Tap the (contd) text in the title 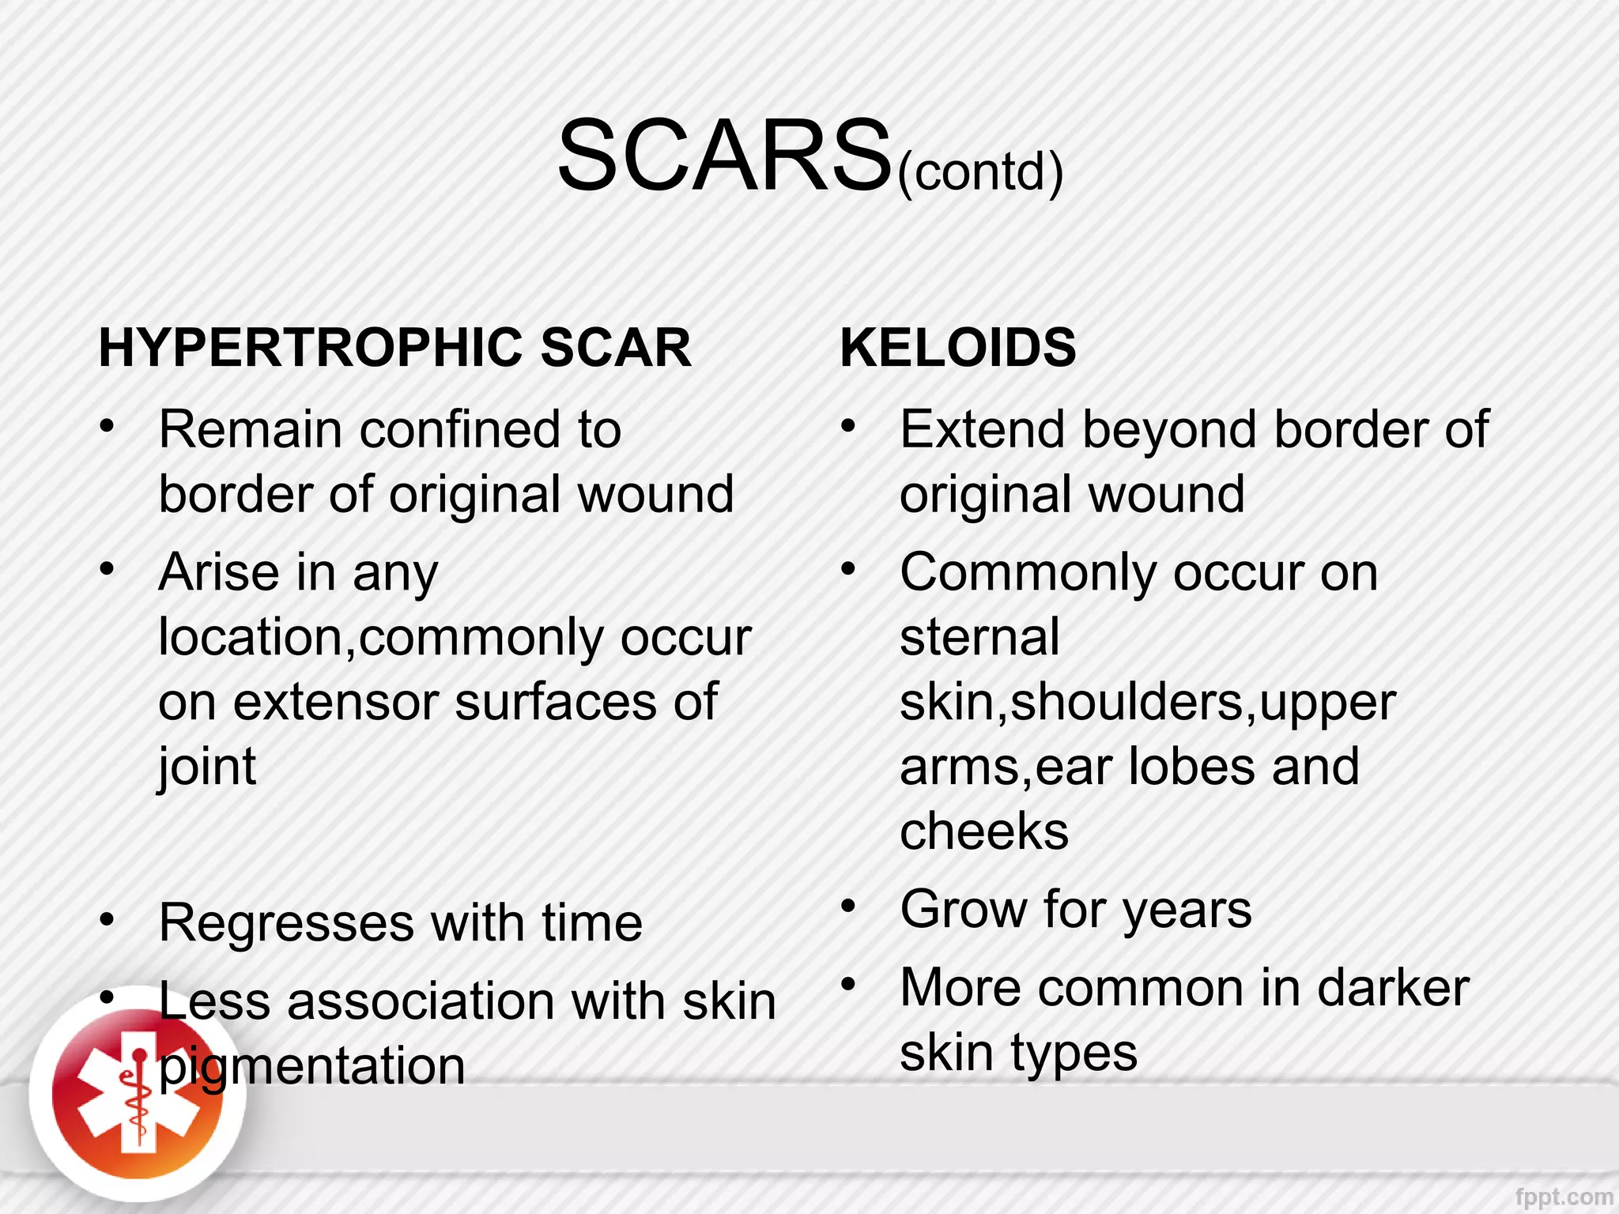[x=980, y=171]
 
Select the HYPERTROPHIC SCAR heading [x=394, y=348]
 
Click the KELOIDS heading [x=957, y=348]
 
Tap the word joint [x=207, y=767]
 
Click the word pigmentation [x=312, y=1067]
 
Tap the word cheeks [x=984, y=831]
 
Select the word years [x=1187, y=909]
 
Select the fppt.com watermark [x=1564, y=1197]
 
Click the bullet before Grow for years [x=848, y=906]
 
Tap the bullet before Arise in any [x=107, y=568]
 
